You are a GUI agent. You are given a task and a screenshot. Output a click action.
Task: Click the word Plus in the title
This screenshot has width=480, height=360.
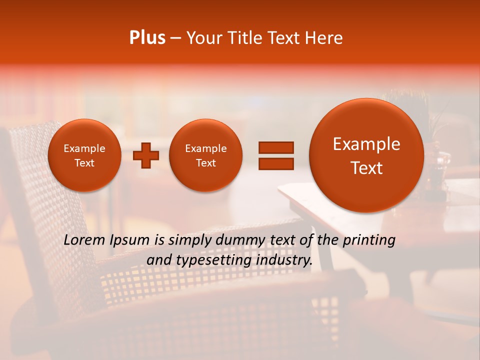pyautogui.click(x=147, y=38)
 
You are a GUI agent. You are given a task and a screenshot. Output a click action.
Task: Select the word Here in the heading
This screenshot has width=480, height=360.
pyautogui.click(x=324, y=38)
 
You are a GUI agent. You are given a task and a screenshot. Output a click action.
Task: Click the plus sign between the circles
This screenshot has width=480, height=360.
pyautogui.click(x=146, y=155)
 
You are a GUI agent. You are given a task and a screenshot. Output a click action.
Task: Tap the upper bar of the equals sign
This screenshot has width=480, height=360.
pyautogui.click(x=276, y=147)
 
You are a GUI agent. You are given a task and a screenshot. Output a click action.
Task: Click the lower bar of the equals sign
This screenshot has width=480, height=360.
pyautogui.click(x=276, y=163)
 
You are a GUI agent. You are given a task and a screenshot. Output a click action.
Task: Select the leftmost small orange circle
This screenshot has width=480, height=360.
pyautogui.click(x=84, y=155)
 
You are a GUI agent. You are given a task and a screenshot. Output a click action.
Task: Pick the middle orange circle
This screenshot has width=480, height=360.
pyautogui.click(x=205, y=155)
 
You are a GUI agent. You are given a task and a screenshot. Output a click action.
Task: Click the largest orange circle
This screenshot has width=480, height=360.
pyautogui.click(x=366, y=155)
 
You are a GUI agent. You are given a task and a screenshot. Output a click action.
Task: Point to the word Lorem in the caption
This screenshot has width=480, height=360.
pyautogui.click(x=85, y=240)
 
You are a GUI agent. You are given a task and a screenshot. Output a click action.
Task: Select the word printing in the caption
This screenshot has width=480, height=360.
pyautogui.click(x=369, y=240)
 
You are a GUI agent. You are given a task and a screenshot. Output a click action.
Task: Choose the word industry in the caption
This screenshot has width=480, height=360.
pyautogui.click(x=283, y=260)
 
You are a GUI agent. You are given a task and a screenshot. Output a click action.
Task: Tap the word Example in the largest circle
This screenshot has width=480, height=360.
pyautogui.click(x=366, y=144)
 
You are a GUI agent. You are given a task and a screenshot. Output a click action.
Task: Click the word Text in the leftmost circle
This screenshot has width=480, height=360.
pyautogui.click(x=84, y=163)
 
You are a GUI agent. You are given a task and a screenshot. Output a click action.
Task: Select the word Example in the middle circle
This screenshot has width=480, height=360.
pyautogui.click(x=205, y=148)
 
